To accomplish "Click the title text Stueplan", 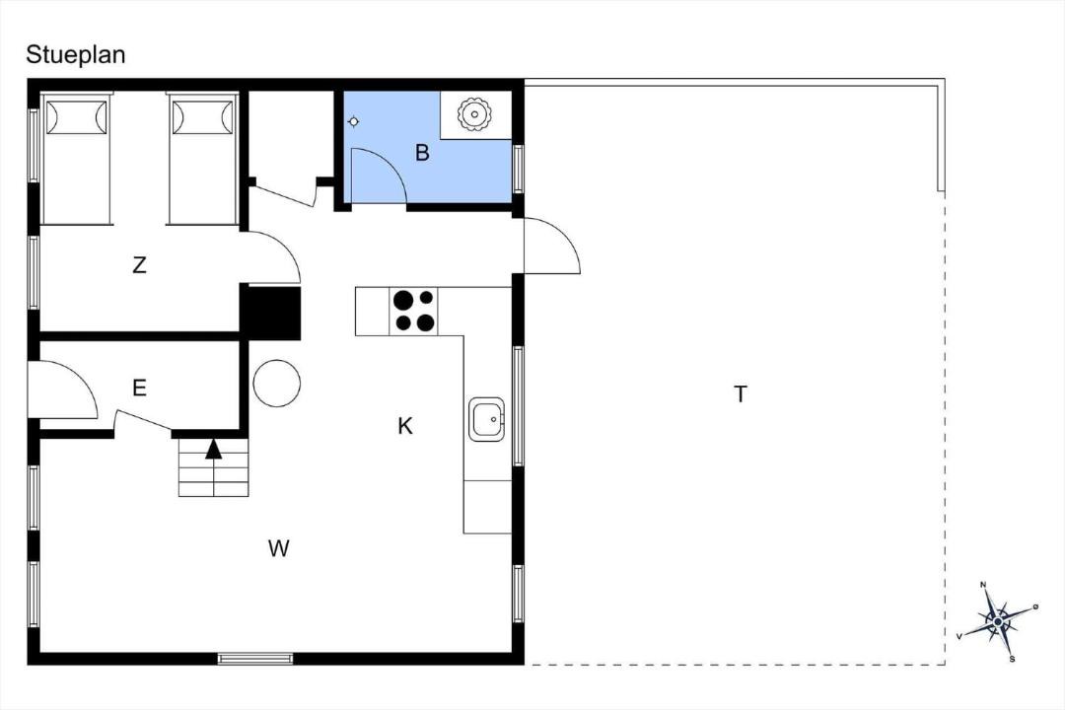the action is coord(75,54).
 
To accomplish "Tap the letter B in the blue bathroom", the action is coord(422,152).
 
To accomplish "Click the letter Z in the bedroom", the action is coord(139,264).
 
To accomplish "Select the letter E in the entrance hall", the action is coord(139,388).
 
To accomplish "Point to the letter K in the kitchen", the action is coord(405,426).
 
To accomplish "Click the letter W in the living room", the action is coord(278,547).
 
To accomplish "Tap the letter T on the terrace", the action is coord(741,393).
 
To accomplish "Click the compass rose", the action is coord(997,621).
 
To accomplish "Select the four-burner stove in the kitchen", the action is coord(413,312).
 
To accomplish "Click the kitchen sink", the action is coord(486,419).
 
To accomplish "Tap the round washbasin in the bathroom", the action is coord(473,114).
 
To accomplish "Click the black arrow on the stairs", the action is coord(214,449).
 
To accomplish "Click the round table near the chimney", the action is coord(276,383).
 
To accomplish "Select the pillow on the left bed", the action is coord(76,117).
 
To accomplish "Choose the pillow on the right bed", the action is coord(202,117).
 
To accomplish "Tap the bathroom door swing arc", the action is coord(391,165).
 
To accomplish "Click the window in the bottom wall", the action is coord(255,658).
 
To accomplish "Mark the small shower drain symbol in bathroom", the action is coord(353,122).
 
